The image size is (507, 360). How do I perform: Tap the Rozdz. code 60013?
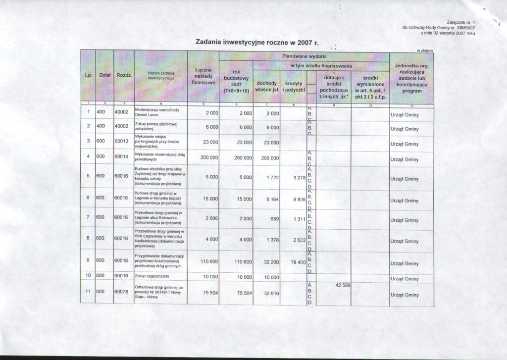[x=122, y=143]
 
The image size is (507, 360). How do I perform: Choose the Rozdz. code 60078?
[x=122, y=292]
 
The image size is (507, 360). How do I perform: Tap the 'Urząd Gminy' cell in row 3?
[x=405, y=144]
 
